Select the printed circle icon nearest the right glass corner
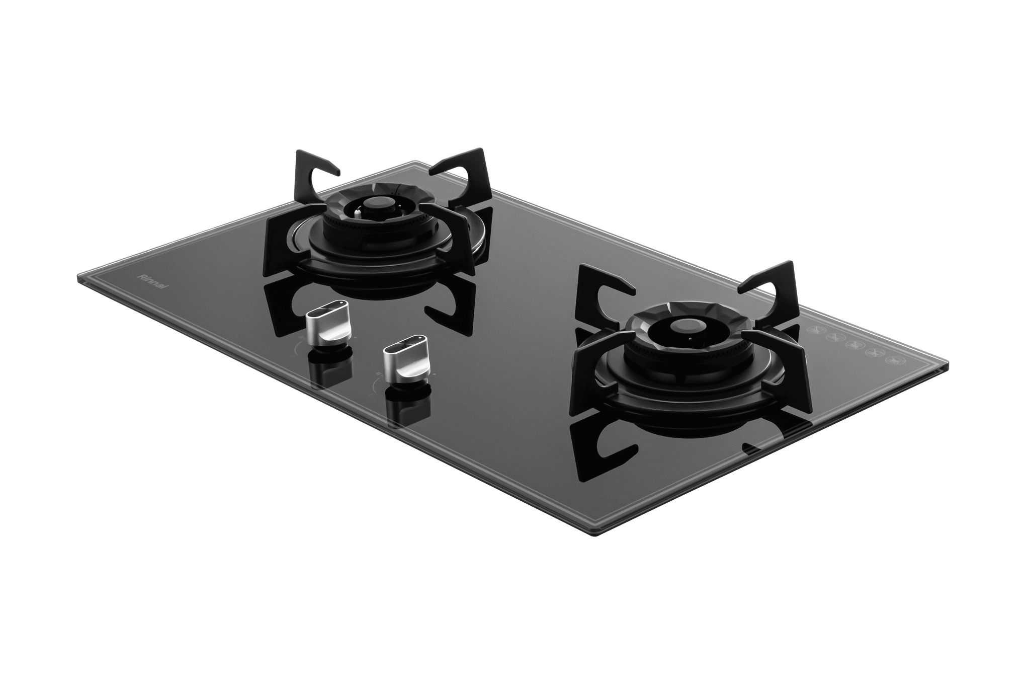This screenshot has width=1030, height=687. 893,361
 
